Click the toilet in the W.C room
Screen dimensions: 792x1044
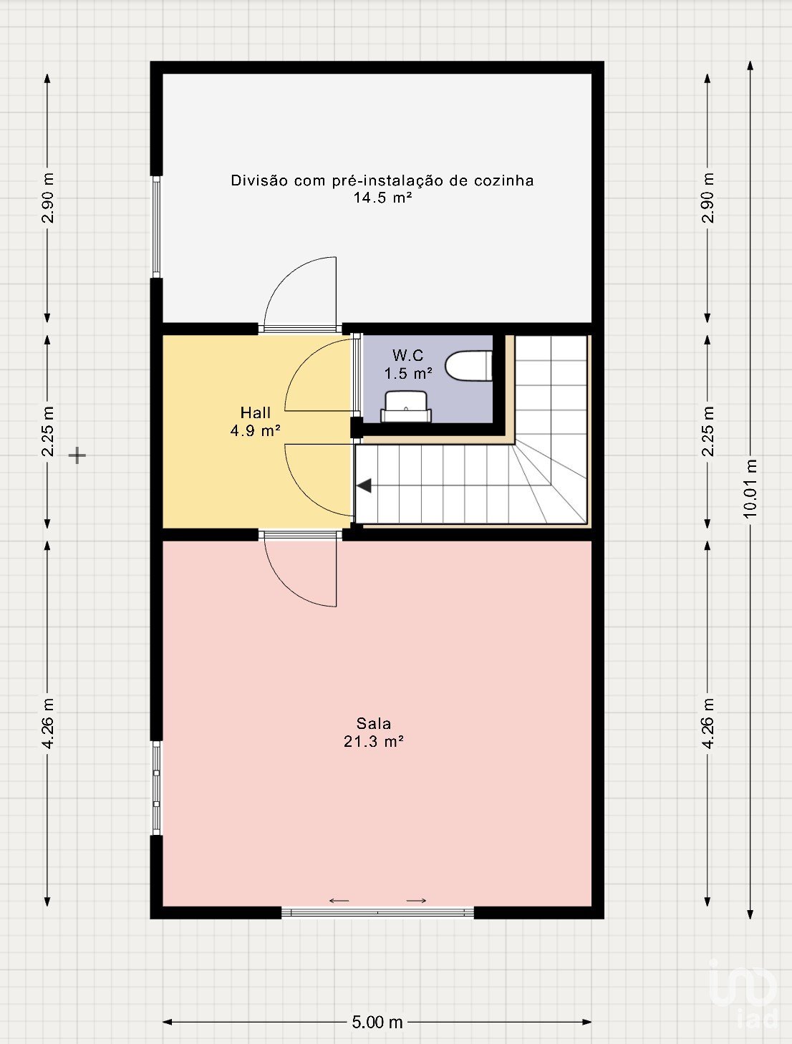click(468, 366)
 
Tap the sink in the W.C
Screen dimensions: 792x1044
click(406, 407)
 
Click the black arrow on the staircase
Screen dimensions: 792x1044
click(364, 486)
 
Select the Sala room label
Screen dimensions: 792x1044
click(374, 723)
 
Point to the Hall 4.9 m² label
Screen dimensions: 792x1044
click(256, 422)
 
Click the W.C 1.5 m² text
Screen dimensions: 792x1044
click(408, 364)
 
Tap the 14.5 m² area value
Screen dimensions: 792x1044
click(382, 198)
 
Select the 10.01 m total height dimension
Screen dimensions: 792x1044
click(750, 489)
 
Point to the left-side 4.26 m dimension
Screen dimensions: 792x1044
click(47, 723)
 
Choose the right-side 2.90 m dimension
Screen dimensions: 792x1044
click(708, 198)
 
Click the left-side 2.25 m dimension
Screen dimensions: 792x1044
click(47, 431)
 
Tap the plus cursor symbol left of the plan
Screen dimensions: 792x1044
click(77, 455)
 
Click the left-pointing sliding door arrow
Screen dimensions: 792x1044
click(339, 901)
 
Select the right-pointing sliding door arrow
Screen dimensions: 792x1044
click(416, 901)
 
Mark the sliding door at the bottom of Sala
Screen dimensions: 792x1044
click(377, 912)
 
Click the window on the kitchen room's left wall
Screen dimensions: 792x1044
click(156, 226)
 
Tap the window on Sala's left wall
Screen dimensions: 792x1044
click(156, 788)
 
